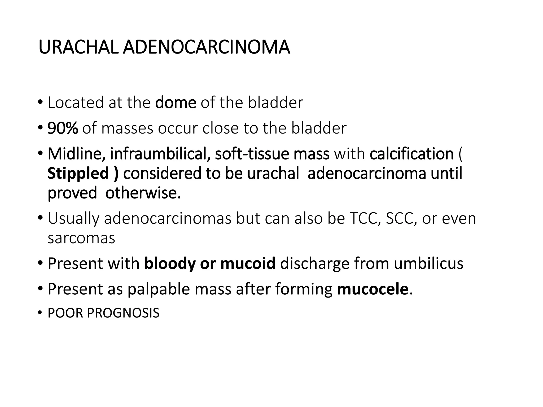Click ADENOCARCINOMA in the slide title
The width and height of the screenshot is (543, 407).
click(x=206, y=47)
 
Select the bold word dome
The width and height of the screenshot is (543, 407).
click(x=176, y=103)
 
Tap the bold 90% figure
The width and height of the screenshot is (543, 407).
click(x=63, y=128)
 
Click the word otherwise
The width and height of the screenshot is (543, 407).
click(x=143, y=193)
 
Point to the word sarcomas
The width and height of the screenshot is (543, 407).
click(x=81, y=238)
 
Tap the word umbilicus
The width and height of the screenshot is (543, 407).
click(x=428, y=264)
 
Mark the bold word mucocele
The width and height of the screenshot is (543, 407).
click(x=373, y=289)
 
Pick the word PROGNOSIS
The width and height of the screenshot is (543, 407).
click(x=123, y=313)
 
